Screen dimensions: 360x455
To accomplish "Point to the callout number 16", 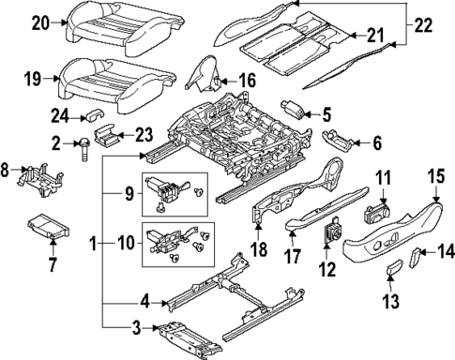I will click(x=246, y=82).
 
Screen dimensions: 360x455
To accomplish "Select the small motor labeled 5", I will click(x=292, y=112).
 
